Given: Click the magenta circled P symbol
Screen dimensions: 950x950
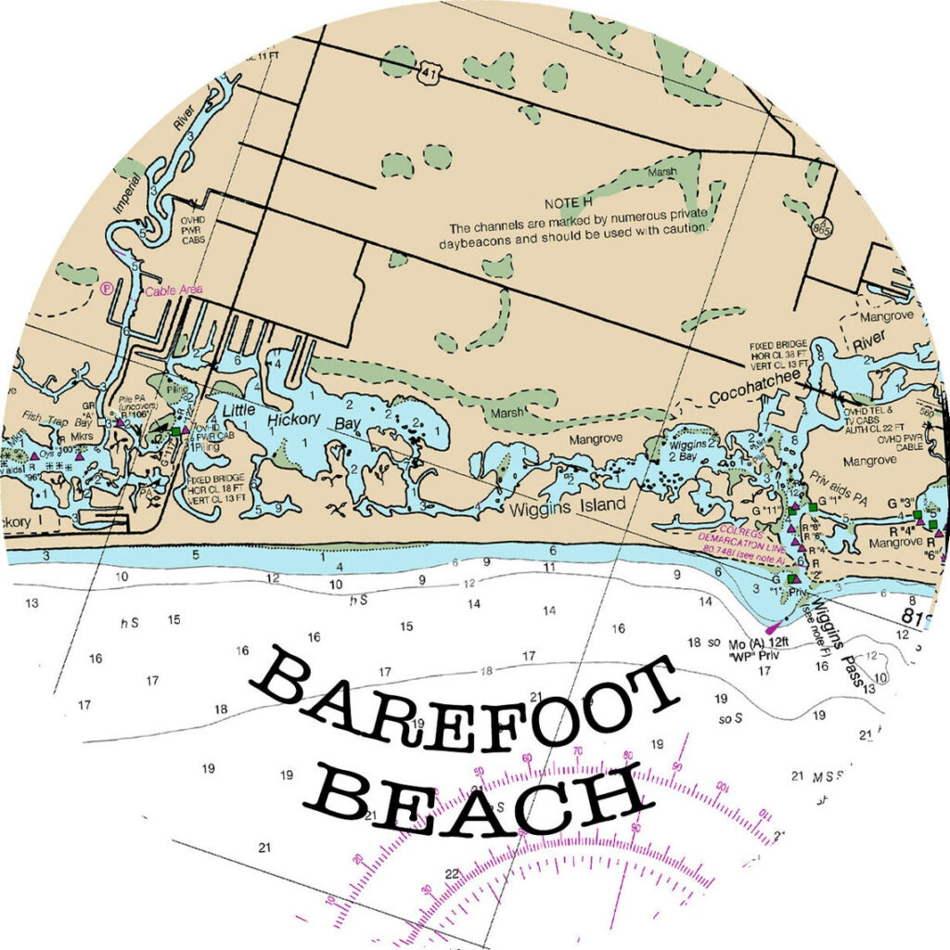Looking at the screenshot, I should tap(108, 288).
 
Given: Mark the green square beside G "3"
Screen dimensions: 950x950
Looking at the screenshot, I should tap(918, 514).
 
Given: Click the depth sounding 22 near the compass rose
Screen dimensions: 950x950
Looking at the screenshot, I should tap(452, 873).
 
